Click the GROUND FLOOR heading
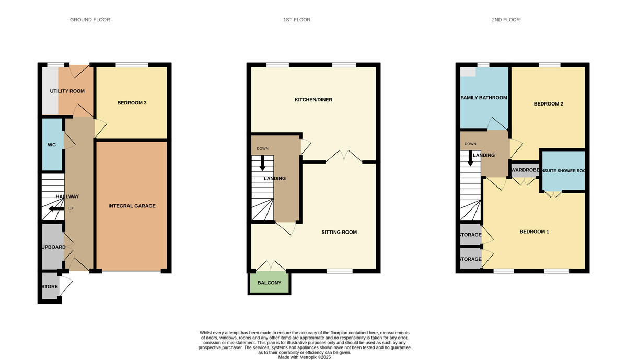pos(90,20)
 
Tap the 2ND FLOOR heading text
pos(505,20)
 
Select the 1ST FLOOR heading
pos(297,20)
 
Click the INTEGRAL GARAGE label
pos(132,206)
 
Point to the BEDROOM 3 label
pos(132,103)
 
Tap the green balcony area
pos(269,283)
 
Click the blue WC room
pos(52,145)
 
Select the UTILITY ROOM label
pos(67,91)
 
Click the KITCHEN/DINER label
pos(313,100)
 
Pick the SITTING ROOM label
pos(339,232)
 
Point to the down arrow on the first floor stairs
pos(262,164)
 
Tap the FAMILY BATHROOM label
pos(484,98)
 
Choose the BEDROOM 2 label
pos(548,103)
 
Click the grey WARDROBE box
pos(524,170)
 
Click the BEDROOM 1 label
pos(534,231)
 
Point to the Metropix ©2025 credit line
pos(305,357)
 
